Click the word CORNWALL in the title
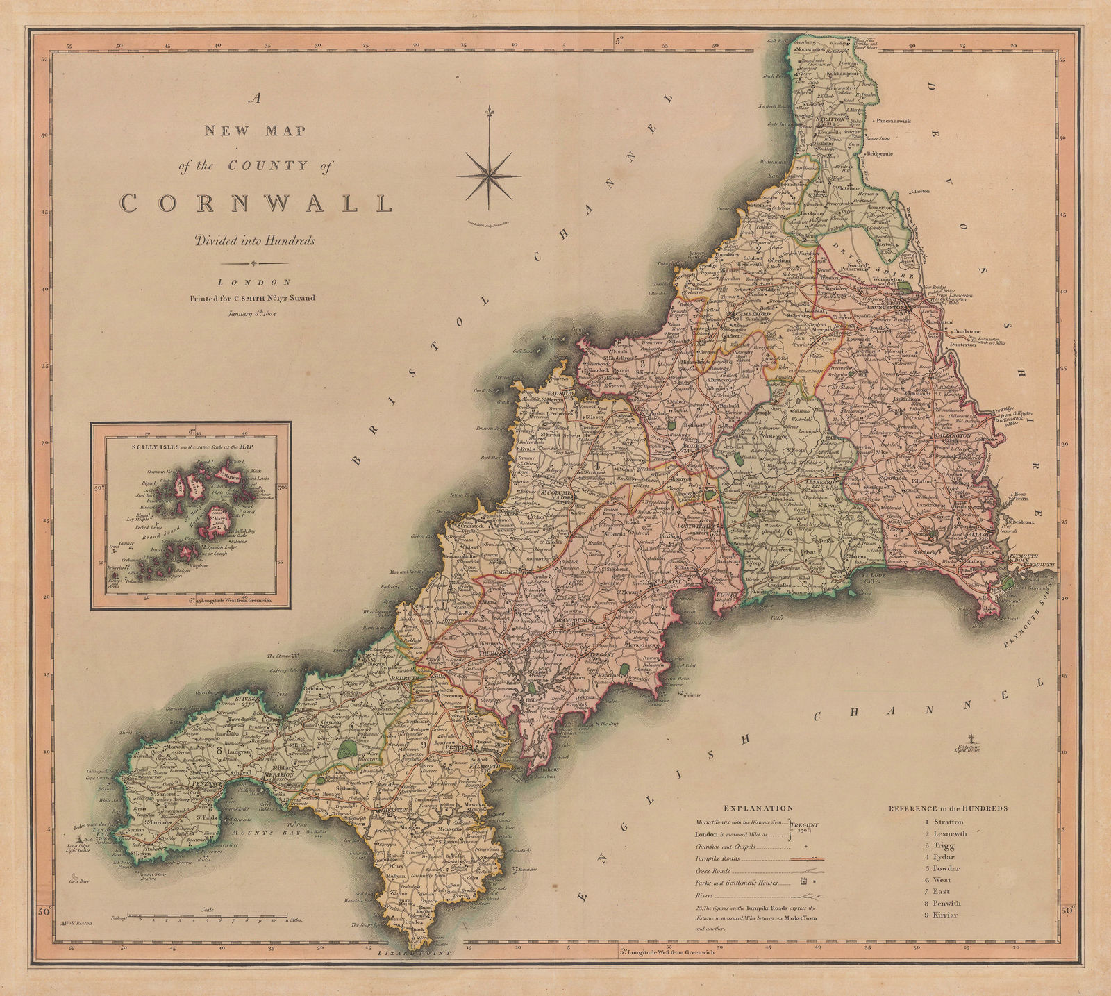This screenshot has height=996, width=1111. coord(257,203)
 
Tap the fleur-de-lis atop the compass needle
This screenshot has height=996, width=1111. coord(492,113)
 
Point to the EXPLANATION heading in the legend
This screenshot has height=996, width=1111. coord(758,808)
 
